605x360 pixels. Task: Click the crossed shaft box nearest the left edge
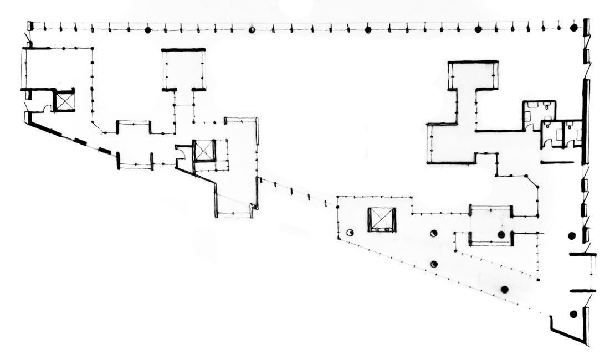pos(64,101)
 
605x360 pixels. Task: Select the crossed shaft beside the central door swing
pos(203,151)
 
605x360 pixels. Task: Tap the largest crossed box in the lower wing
pos(382,220)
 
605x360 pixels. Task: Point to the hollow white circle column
pos(350,233)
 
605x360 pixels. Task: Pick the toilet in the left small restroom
pos(547,126)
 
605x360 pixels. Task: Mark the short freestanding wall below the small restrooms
pos(557,162)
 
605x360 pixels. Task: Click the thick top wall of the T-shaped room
pos(473,62)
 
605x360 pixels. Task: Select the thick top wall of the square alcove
pos(183,50)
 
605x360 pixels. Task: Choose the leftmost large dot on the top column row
pos(148,30)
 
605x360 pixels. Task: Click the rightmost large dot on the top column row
pos(574,27)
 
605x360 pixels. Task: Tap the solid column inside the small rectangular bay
pos(501,234)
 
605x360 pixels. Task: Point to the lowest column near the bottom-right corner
pos(573,314)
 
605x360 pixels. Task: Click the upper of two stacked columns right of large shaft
pos(434,233)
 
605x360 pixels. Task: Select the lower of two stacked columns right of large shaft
pos(434,264)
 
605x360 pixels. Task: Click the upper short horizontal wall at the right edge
pos(583,254)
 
